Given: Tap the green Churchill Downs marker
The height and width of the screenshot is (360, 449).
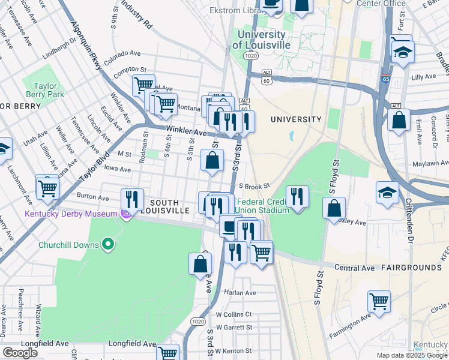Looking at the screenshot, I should [x=108, y=244].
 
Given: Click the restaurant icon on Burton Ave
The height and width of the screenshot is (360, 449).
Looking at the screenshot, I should [x=132, y=199].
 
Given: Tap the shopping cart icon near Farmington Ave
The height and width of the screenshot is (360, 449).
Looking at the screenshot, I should [x=379, y=301].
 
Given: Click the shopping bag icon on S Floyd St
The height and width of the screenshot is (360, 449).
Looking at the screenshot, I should [x=334, y=208].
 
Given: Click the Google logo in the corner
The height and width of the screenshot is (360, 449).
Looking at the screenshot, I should [x=20, y=352].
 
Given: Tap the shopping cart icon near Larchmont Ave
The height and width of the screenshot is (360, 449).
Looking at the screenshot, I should [x=47, y=188].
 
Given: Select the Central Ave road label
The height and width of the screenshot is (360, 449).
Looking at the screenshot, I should [x=354, y=266].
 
